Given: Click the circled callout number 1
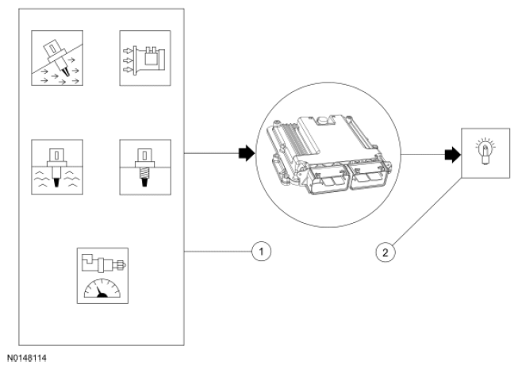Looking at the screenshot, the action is [x=261, y=252].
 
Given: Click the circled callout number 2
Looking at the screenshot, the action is [x=386, y=252].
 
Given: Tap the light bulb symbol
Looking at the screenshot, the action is [x=485, y=152].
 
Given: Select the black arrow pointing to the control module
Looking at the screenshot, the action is [x=247, y=153].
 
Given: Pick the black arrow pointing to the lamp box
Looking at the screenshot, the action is [x=453, y=155].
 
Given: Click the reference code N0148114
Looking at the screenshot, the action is [x=27, y=358].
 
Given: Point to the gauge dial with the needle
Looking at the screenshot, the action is [x=102, y=288].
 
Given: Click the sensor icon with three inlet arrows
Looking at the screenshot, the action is [x=145, y=58].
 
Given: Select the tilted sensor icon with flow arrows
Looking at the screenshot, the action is [x=57, y=58].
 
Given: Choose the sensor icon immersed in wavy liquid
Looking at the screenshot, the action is [x=57, y=167].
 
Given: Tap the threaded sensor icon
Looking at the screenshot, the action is [x=145, y=167].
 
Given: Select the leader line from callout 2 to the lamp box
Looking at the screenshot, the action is [x=427, y=212].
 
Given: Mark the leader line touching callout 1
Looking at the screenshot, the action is [x=218, y=252].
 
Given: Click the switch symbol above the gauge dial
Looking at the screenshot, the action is [x=104, y=263].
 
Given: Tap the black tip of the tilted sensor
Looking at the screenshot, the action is [x=67, y=72].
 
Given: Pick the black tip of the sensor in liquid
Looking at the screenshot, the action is [x=57, y=183].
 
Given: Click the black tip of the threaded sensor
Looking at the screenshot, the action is [x=144, y=182].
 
